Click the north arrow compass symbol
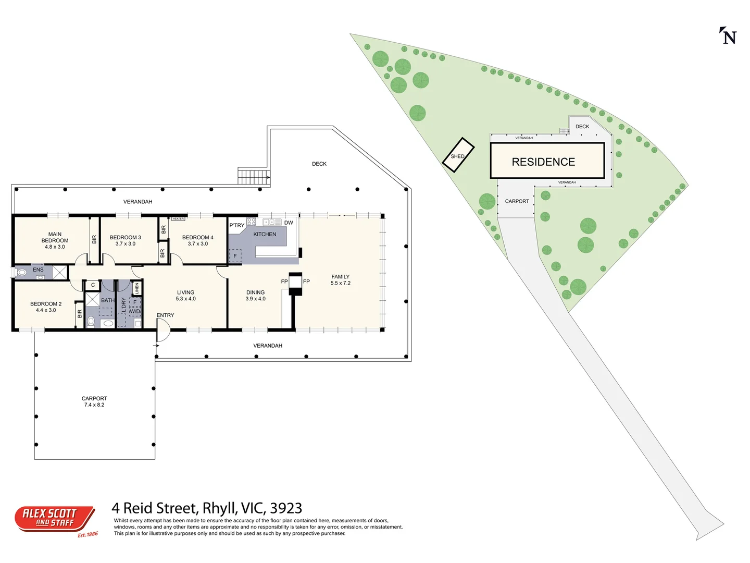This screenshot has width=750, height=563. click(x=728, y=36)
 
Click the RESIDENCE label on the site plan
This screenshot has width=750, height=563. click(x=543, y=162)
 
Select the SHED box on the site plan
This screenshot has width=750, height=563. click(x=458, y=155)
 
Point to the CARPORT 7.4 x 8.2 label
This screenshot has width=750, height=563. click(x=94, y=401)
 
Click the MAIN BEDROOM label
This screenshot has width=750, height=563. click(x=55, y=240)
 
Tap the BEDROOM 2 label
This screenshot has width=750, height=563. click(x=46, y=307)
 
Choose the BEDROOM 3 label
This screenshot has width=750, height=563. click(x=125, y=240)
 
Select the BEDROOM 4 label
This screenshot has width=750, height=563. click(x=197, y=240)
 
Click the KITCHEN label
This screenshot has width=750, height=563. click(x=265, y=235)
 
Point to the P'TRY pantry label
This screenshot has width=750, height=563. click(x=236, y=225)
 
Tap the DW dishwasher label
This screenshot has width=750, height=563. click(x=289, y=223)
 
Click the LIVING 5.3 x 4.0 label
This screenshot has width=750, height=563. click(x=185, y=296)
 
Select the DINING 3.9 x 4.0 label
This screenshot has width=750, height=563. click(x=255, y=296)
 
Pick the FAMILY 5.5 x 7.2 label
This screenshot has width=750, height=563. click(x=340, y=280)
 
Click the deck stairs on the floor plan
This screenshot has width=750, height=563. click(x=254, y=176)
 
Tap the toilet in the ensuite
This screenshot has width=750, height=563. click(x=21, y=272)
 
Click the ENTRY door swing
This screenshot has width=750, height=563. click(x=162, y=331)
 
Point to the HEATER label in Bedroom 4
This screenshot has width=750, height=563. click(x=178, y=219)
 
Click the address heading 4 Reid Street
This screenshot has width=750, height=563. click(x=207, y=508)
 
